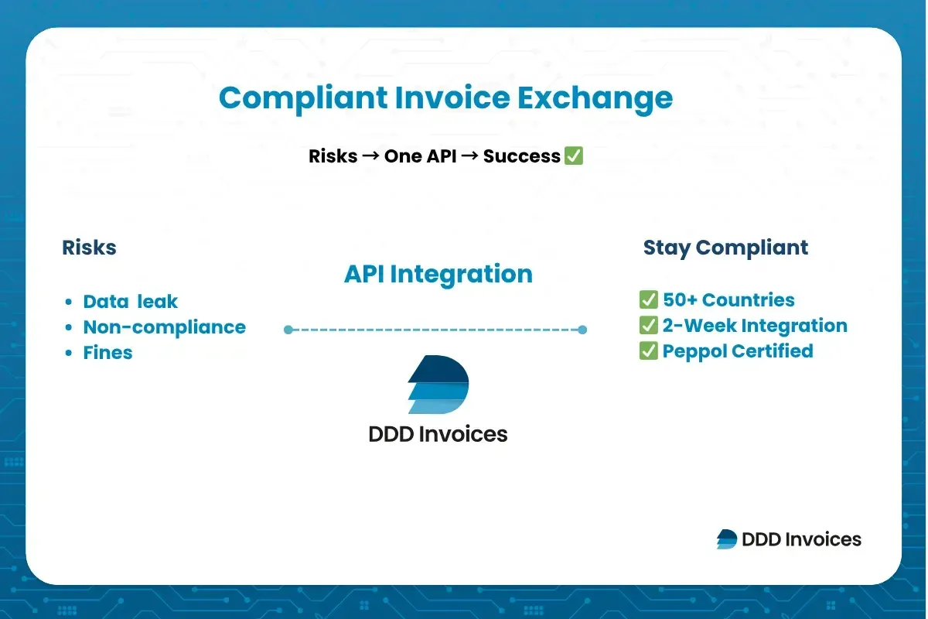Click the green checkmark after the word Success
point(573,156)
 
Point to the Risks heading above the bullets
point(89,248)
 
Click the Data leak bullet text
point(131,302)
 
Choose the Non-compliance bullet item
point(164,327)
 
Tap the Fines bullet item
point(107,353)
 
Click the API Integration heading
point(438,274)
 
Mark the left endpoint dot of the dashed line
point(288,330)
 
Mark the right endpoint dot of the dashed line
point(582,330)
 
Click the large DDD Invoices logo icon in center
point(438,385)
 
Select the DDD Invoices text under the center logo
point(438,434)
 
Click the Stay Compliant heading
point(725,248)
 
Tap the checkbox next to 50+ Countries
point(648,300)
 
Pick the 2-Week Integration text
point(755,326)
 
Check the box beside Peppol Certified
point(648,351)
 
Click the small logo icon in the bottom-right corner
point(727,539)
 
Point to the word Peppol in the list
point(694,351)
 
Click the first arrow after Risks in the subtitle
point(370,156)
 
